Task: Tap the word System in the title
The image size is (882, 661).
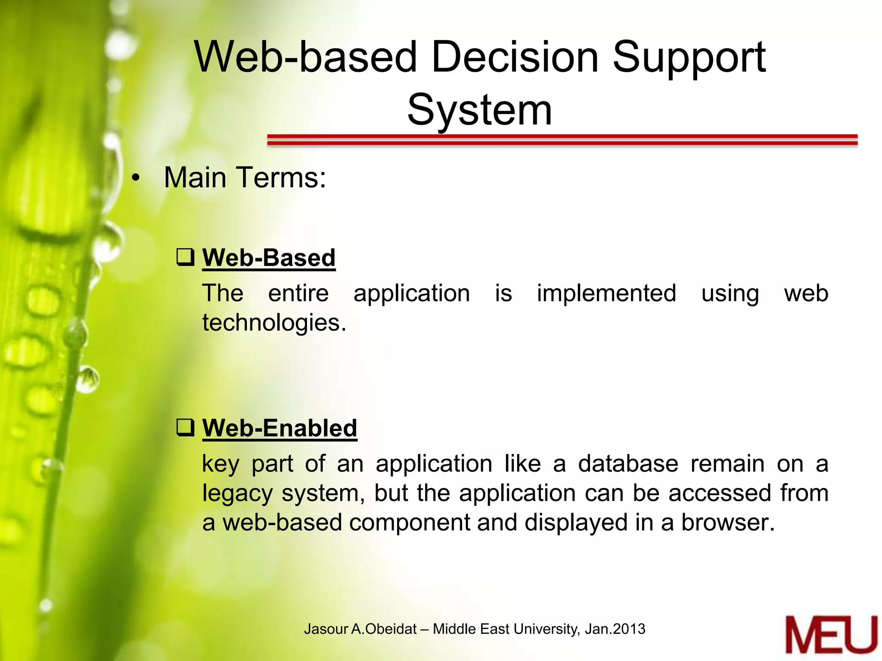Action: click(x=479, y=110)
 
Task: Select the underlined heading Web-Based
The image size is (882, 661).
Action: click(x=269, y=258)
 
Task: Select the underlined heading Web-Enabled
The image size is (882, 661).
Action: click(x=280, y=428)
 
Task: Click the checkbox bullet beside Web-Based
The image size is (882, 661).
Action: click(x=186, y=257)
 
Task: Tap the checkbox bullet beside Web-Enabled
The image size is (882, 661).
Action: click(x=186, y=427)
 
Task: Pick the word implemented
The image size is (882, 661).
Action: click(x=606, y=293)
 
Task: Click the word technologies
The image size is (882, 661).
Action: click(x=274, y=323)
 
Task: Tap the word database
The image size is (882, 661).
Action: click(x=628, y=464)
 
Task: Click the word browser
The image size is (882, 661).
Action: click(x=727, y=522)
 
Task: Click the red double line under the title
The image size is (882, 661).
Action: click(x=562, y=139)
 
